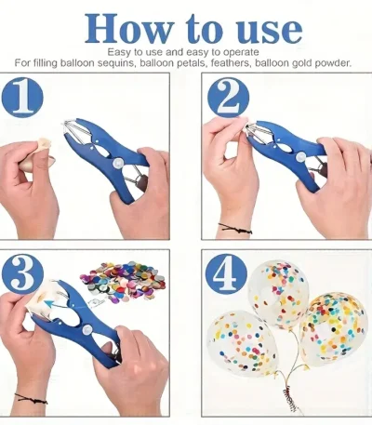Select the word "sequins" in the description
click(x=116, y=63)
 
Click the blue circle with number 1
click(x=22, y=98)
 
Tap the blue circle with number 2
click(x=228, y=98)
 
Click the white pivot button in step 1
click(x=117, y=163)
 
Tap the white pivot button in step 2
click(x=299, y=157)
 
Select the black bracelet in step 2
click(x=234, y=228)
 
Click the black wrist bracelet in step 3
click(x=31, y=399)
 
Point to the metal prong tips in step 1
click(x=67, y=124)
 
